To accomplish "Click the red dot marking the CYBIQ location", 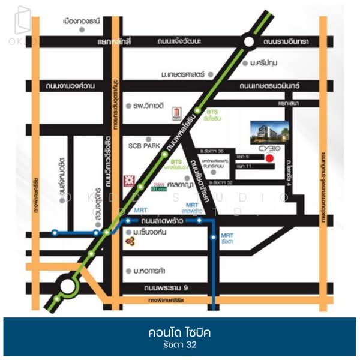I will pyautogui.click(x=269, y=158).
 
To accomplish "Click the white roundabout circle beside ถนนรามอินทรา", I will pyautogui.click(x=249, y=42).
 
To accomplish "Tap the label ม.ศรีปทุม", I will pyautogui.click(x=265, y=62).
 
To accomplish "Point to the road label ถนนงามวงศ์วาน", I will pyautogui.click(x=70, y=86).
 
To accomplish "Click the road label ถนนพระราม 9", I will pyautogui.click(x=176, y=287).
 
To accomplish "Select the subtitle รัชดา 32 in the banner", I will pyautogui.click(x=179, y=345).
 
